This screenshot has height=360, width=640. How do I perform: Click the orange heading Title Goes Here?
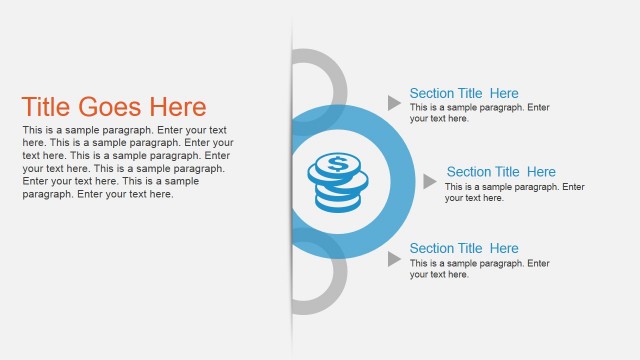114,108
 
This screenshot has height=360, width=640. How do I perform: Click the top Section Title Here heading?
464,94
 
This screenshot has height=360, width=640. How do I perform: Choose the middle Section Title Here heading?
501,172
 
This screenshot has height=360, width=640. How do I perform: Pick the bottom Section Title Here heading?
464,249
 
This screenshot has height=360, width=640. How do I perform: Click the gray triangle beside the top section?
394,102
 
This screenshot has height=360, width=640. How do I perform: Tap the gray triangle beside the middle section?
429,181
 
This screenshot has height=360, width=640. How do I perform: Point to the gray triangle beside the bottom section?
394,259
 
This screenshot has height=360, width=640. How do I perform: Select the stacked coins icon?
336,181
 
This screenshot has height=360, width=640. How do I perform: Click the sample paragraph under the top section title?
479,113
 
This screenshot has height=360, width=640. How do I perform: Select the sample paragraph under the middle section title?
514,192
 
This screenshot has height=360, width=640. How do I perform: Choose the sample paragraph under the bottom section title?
479,269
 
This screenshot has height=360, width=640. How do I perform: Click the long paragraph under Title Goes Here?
127,162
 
